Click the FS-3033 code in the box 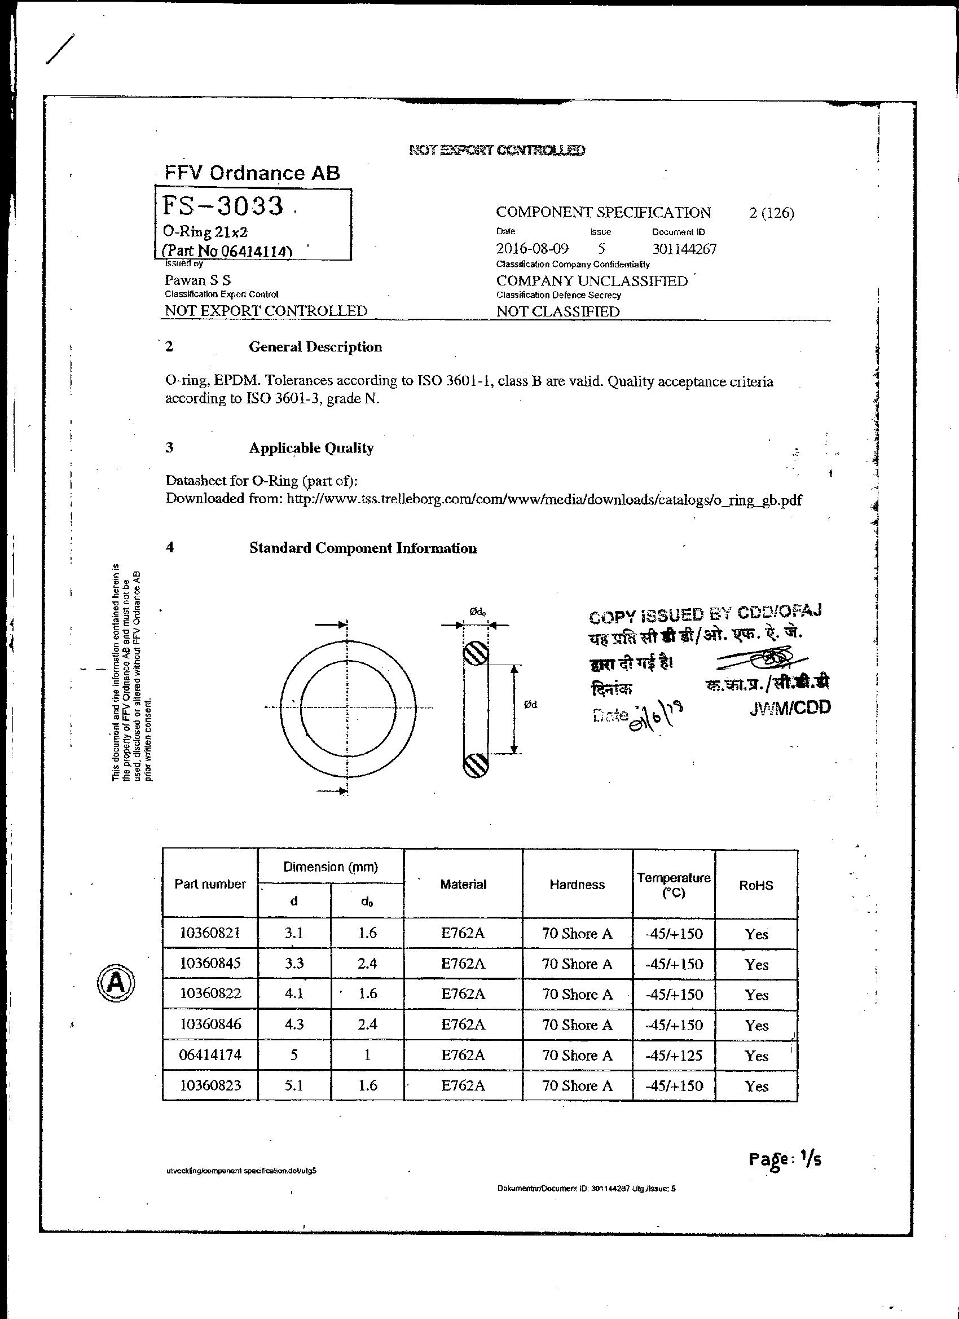(x=223, y=206)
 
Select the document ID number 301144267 (x=684, y=249)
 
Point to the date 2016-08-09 (x=531, y=249)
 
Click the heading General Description (x=315, y=347)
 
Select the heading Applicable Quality (x=311, y=448)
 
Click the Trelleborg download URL (x=544, y=500)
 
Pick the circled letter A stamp (x=115, y=982)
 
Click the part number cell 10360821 (x=210, y=934)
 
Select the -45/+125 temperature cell (x=674, y=1056)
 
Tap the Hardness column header (x=577, y=885)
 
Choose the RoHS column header (x=756, y=885)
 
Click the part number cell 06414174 (x=210, y=1056)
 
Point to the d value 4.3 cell (x=294, y=1025)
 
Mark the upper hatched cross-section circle (x=476, y=655)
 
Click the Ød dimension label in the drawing (x=530, y=705)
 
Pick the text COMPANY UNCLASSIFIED (x=591, y=281)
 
